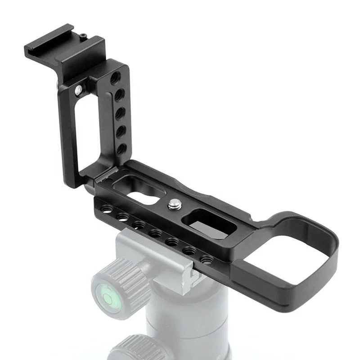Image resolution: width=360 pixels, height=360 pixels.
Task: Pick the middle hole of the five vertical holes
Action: [120, 113]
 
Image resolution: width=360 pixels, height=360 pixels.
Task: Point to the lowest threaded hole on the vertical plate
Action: [121, 148]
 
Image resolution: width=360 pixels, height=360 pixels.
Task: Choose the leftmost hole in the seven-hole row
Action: [107, 210]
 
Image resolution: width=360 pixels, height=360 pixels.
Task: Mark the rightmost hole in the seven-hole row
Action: [206, 260]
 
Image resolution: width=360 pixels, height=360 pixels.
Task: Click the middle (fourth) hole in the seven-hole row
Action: [155, 234]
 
